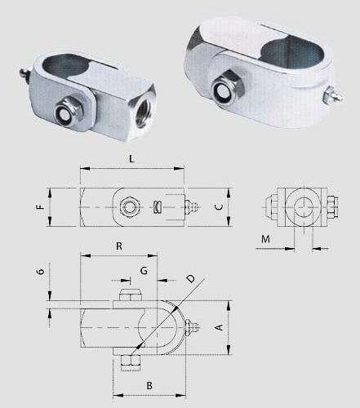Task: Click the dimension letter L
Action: pyautogui.click(x=131, y=158)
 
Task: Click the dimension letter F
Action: pyautogui.click(x=40, y=207)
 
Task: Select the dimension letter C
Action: pyautogui.click(x=219, y=207)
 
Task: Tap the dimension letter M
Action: pyautogui.click(x=265, y=239)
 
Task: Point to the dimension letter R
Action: pyautogui.click(x=119, y=246)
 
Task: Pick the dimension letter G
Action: pyautogui.click(x=144, y=271)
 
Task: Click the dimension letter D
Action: pyautogui.click(x=191, y=278)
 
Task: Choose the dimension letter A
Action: pyautogui.click(x=220, y=327)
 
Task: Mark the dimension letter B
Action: pyautogui.click(x=149, y=385)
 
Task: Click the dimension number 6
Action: pyautogui.click(x=41, y=271)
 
